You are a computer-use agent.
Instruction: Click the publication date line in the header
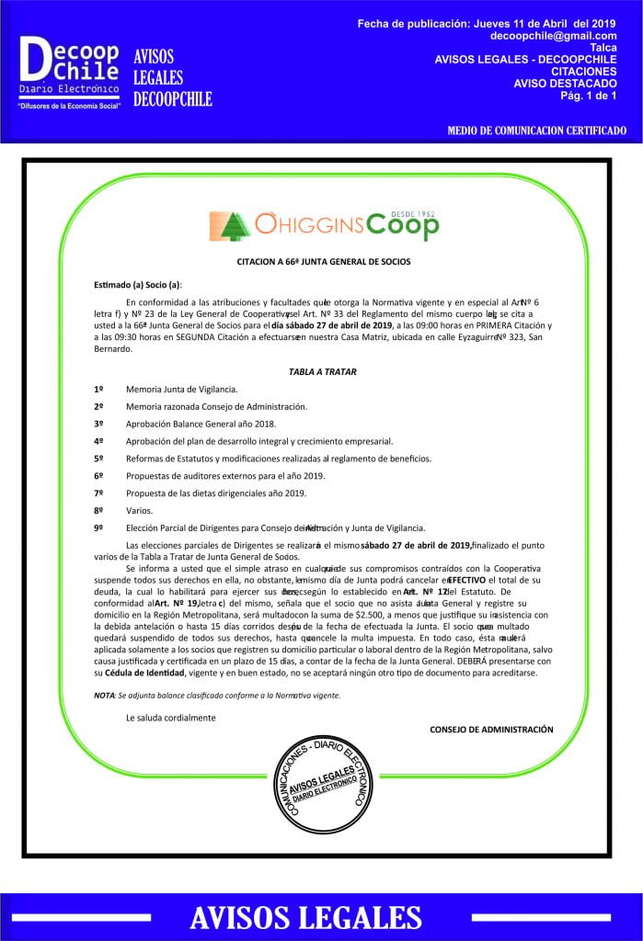point(486,23)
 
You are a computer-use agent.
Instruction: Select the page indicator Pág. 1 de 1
point(583,95)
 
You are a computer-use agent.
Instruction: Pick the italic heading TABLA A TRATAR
point(322,372)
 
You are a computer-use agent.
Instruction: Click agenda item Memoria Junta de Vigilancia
point(181,390)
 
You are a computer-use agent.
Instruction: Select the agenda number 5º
point(98,458)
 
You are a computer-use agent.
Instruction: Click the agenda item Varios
point(139,510)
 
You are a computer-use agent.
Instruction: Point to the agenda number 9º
point(98,527)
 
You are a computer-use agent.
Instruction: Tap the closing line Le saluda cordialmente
point(170,717)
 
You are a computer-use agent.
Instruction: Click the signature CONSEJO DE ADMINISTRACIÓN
point(491,729)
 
